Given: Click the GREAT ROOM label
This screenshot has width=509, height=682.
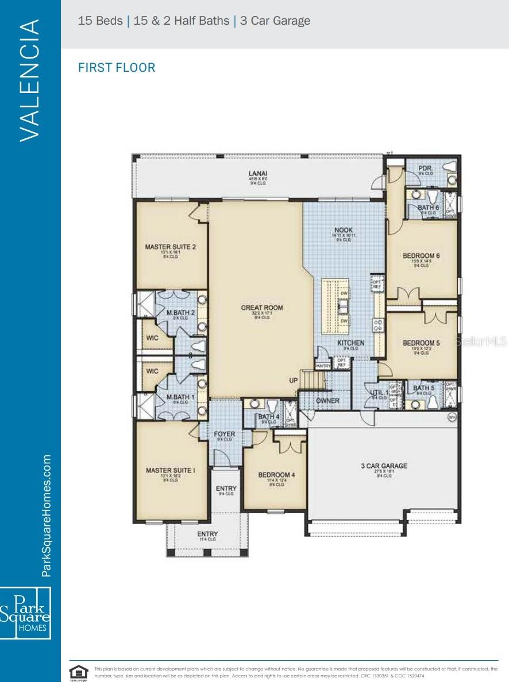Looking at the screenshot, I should (261, 308).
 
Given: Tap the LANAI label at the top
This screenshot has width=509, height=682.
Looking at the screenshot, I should (257, 173).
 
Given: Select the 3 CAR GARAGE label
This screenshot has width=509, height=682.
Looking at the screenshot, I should (384, 466).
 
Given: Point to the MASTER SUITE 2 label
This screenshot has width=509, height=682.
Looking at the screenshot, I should (171, 247).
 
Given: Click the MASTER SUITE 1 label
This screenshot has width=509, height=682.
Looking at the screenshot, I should (170, 470).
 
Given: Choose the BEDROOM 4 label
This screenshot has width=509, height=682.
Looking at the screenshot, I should (276, 475).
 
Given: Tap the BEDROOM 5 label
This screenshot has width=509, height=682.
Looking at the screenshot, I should (421, 343).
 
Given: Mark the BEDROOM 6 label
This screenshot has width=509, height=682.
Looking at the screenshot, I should (421, 255).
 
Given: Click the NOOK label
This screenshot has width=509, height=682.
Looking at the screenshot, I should (343, 230).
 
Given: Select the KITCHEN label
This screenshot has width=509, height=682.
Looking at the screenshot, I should (350, 343).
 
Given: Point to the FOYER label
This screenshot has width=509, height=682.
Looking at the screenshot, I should (224, 434).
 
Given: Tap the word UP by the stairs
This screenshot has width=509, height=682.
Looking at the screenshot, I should (293, 381).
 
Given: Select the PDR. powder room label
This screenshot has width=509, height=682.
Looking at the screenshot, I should (425, 168).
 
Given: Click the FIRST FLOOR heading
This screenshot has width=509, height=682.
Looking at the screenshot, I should (117, 68).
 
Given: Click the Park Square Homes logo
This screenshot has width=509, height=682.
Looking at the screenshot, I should (26, 613).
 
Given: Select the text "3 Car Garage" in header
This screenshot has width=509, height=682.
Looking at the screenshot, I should (276, 21).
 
